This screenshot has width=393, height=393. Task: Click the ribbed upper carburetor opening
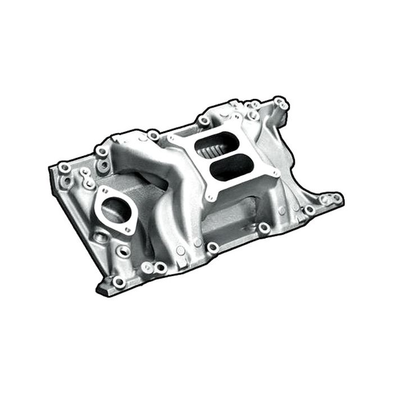click(212, 148)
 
